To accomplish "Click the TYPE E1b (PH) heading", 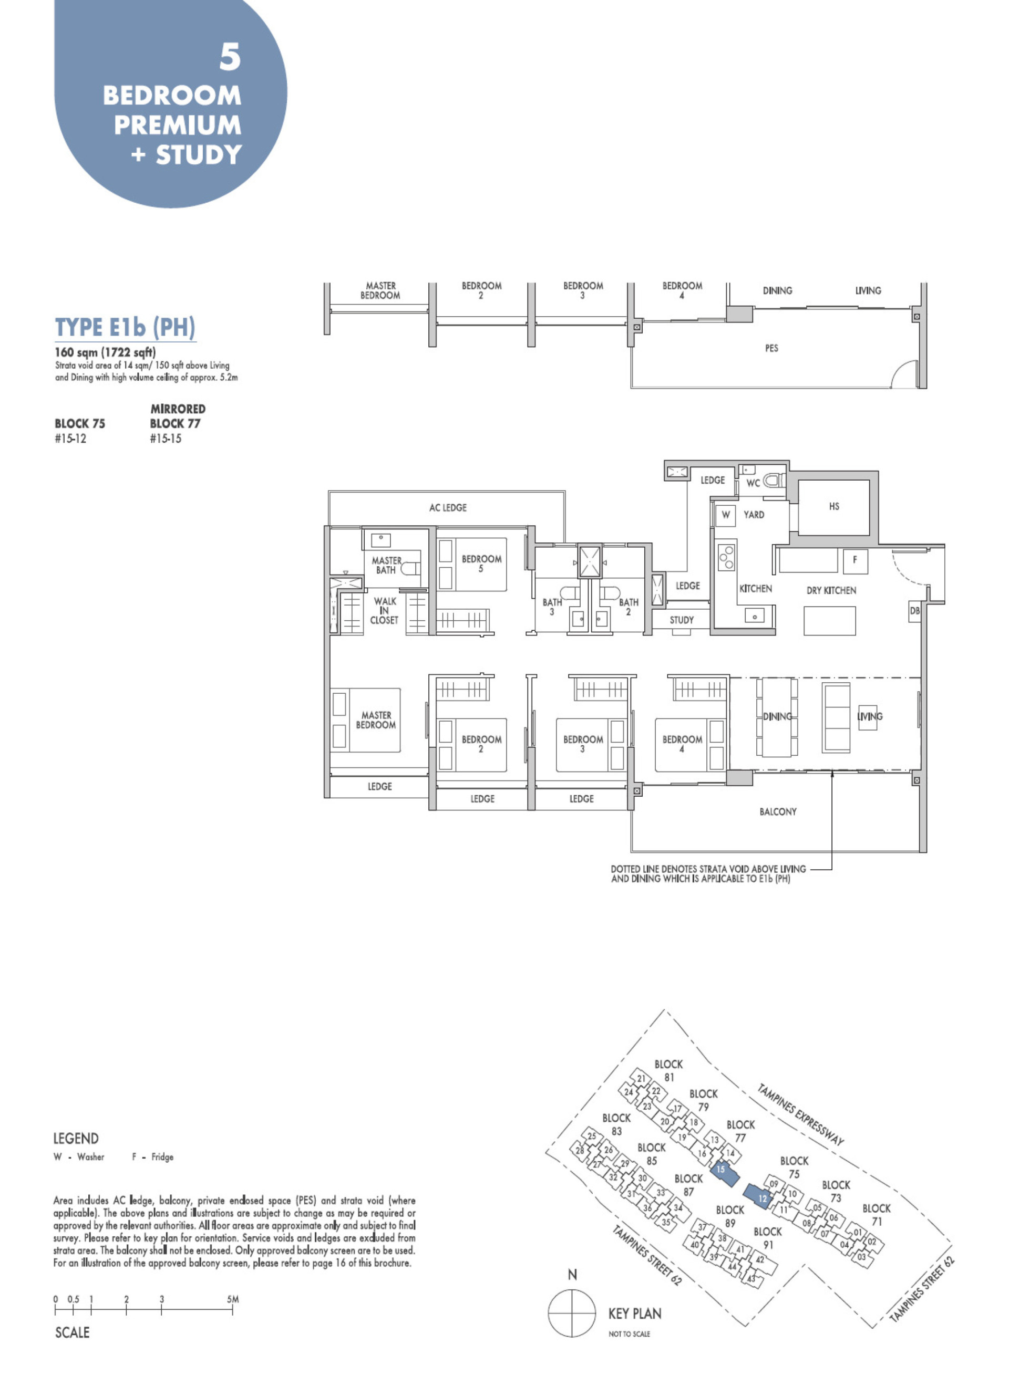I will tap(125, 328).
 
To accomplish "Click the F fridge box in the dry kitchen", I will tap(854, 560).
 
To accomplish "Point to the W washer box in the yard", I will tap(726, 515).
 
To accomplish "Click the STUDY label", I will tap(682, 620).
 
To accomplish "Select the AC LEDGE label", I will tap(448, 508).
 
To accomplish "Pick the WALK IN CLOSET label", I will tap(384, 610).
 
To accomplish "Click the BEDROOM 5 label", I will tap(481, 564).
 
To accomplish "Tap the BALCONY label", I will tap(778, 812).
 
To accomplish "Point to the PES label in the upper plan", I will tap(771, 349).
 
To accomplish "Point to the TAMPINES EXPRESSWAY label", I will tap(800, 1114).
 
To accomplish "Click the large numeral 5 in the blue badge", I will tap(230, 57).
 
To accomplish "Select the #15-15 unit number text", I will tap(166, 439).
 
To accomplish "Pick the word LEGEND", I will tap(76, 1139).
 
